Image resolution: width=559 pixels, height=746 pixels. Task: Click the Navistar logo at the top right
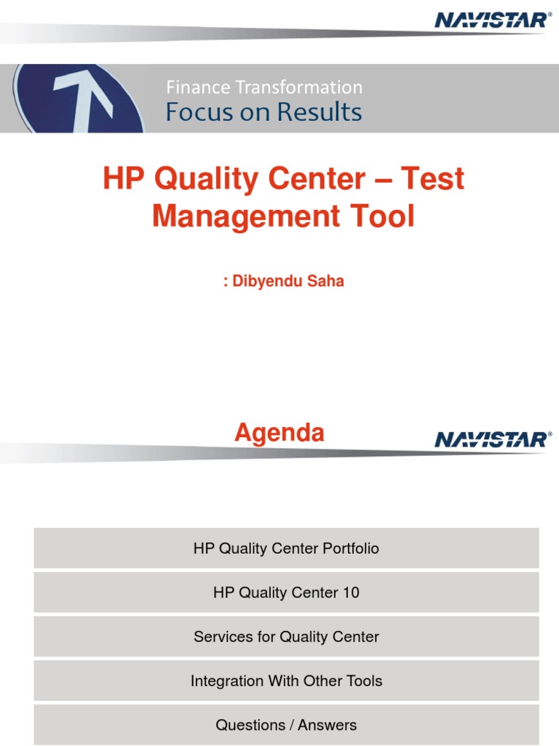(x=493, y=20)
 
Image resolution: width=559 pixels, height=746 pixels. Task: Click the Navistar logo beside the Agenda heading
(x=493, y=439)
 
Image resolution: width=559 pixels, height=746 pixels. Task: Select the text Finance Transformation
(x=264, y=87)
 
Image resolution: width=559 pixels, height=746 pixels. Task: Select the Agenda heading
(x=279, y=433)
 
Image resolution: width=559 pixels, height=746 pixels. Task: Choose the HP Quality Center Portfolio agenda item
(x=286, y=549)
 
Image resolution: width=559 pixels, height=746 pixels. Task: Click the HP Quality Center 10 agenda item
(x=286, y=593)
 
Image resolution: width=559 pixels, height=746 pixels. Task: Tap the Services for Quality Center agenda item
(x=286, y=637)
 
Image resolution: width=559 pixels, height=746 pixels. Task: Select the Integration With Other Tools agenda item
(x=286, y=681)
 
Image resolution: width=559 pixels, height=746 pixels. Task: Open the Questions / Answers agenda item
(x=286, y=725)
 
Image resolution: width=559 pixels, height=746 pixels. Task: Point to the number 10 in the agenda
(x=350, y=593)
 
